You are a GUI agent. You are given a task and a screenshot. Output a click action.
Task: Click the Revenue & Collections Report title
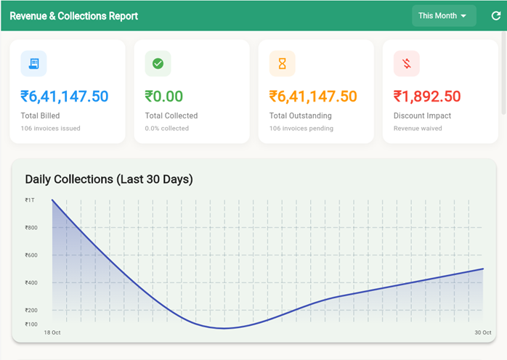[73, 15]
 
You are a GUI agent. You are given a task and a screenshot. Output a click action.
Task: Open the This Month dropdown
[443, 15]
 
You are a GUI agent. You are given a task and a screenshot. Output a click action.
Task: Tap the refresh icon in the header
[495, 15]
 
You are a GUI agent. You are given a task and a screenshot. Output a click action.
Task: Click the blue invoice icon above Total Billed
[33, 64]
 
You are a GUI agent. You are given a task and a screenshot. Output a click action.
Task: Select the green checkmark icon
[158, 64]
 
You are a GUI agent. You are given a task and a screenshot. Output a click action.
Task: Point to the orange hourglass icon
[282, 64]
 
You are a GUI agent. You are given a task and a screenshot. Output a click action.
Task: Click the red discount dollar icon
[406, 64]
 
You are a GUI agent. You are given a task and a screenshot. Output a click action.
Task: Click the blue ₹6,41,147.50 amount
[65, 97]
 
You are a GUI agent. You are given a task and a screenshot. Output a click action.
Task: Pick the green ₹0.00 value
[164, 97]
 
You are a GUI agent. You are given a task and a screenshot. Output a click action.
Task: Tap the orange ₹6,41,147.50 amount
[313, 97]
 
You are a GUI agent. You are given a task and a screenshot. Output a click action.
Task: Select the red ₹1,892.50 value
[427, 97]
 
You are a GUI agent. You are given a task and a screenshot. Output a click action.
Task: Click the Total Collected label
[171, 115]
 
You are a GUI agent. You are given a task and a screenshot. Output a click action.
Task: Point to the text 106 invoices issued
[50, 128]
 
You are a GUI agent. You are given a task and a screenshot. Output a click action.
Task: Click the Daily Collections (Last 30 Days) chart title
[108, 179]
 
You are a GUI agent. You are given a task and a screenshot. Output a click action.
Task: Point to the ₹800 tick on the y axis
[31, 228]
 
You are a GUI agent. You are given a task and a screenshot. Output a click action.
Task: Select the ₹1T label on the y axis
[29, 200]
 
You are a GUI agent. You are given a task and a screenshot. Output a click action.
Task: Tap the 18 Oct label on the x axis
[52, 332]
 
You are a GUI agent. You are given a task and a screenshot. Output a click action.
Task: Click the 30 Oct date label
[482, 332]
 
